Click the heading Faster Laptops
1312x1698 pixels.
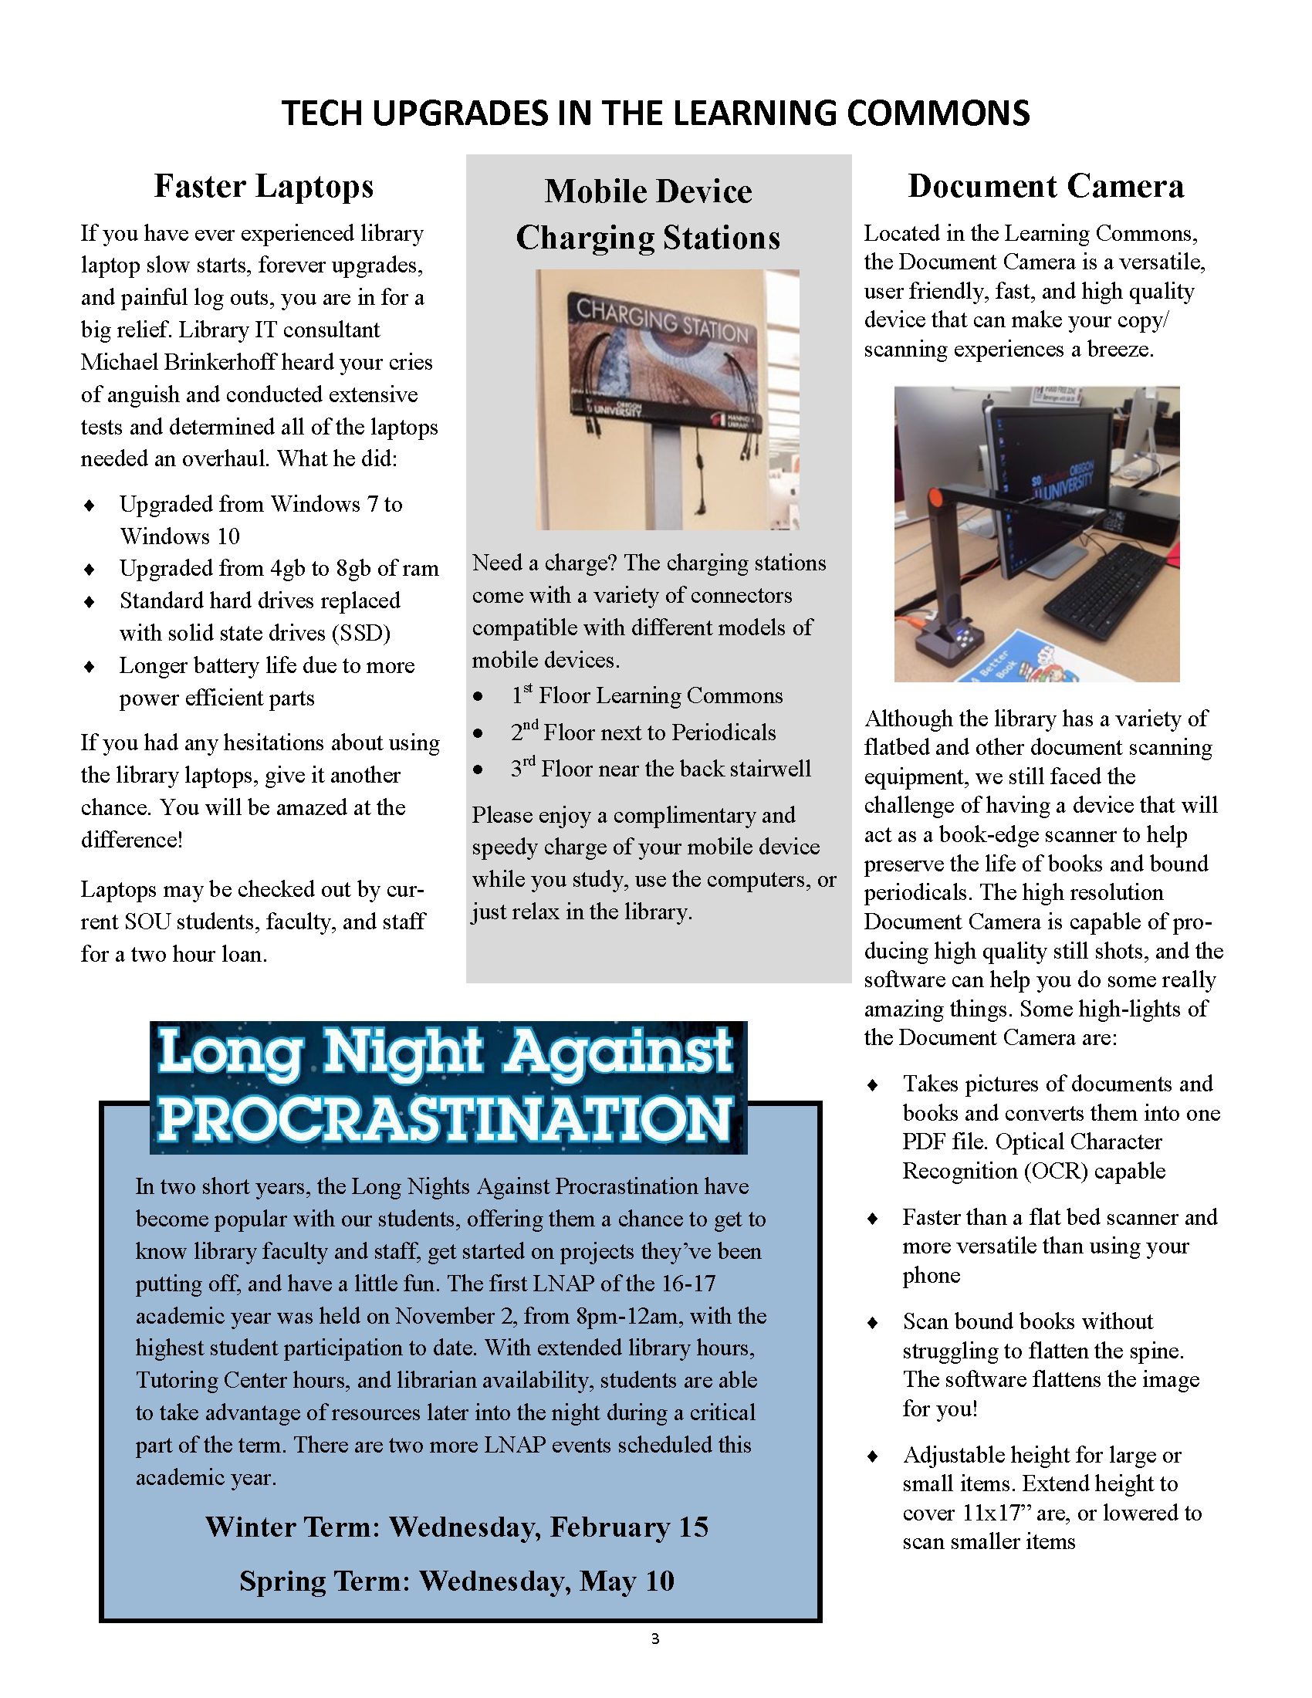click(x=263, y=187)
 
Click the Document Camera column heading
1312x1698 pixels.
click(x=1046, y=187)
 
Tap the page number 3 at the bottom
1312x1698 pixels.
click(x=655, y=1639)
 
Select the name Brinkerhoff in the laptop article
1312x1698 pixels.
click(x=227, y=362)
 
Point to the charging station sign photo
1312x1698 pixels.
click(x=667, y=400)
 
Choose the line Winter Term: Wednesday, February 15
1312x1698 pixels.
click(x=457, y=1527)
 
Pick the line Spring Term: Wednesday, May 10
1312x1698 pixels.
click(x=457, y=1581)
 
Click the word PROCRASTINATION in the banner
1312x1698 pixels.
click(x=445, y=1120)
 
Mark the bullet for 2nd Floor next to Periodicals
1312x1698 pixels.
click(x=478, y=733)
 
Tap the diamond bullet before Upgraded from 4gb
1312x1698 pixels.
click(x=90, y=569)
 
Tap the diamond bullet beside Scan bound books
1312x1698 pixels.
click(x=872, y=1321)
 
